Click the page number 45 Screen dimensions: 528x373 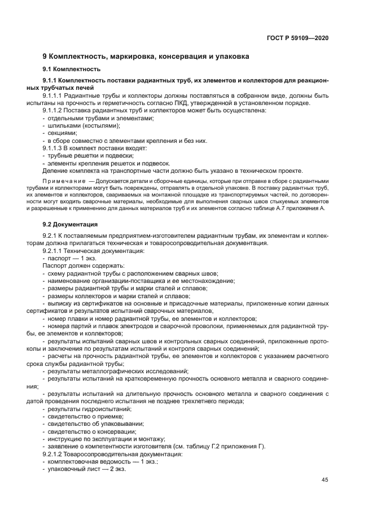pyautogui.click(x=325, y=480)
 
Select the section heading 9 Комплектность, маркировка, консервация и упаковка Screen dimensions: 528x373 pyautogui.click(x=146, y=57)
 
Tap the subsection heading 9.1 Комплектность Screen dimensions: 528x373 pyautogui.click(x=72, y=69)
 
